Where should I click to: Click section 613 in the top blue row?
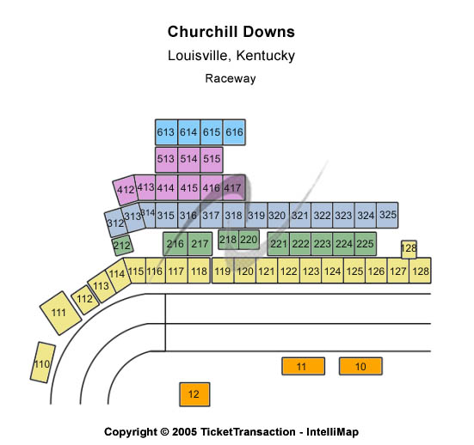pos(166,132)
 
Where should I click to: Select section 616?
pos(234,132)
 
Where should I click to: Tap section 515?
pos(212,160)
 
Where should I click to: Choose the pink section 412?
pos(125,190)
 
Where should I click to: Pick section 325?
pos(387,215)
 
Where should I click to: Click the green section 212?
pos(122,246)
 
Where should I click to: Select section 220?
pos(249,240)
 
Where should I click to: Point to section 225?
pos(366,244)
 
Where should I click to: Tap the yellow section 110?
pos(43,363)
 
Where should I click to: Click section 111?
pos(60,313)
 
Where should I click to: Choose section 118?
pos(200,271)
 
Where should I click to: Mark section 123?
pos(311,271)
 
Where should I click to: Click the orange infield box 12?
pos(194,394)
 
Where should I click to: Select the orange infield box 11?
pos(303,366)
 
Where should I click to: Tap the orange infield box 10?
pos(360,366)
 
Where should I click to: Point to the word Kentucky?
pos(266,56)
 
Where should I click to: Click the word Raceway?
pos(231,78)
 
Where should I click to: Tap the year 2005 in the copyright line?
pos(184,432)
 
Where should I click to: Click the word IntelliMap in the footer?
pos(333,432)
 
